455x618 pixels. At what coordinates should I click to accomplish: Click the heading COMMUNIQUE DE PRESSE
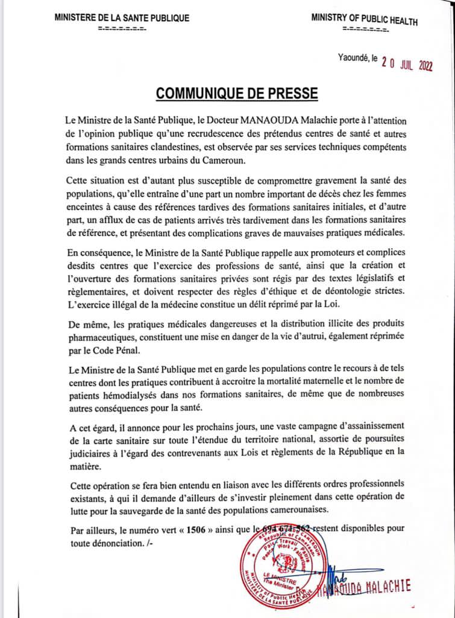[x=236, y=94]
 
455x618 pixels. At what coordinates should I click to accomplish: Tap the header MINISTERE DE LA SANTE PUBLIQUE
[x=122, y=18]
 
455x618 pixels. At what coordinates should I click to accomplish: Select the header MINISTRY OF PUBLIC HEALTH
[x=364, y=19]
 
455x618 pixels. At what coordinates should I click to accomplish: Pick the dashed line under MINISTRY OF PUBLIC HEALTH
[x=365, y=29]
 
